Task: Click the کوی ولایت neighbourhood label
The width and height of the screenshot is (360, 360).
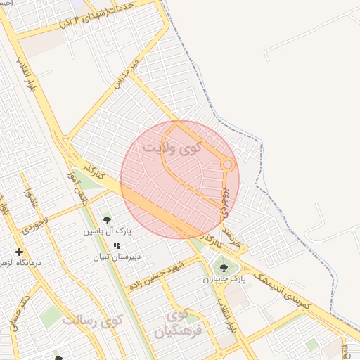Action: [171, 148]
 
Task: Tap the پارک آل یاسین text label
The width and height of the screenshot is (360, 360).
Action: [104, 231]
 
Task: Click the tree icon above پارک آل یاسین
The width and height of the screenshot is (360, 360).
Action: [107, 220]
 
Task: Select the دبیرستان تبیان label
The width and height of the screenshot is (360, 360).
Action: [117, 257]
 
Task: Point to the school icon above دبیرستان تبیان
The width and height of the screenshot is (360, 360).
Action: [117, 245]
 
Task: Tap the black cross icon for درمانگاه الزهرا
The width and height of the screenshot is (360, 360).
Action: [19, 252]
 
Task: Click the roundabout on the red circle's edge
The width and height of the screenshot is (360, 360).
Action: [228, 164]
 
